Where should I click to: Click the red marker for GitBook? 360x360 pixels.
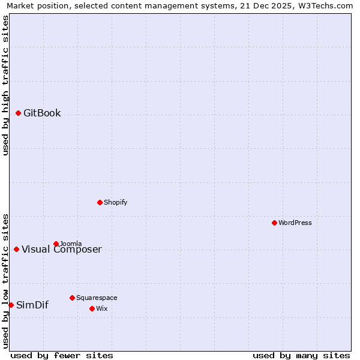(x=18, y=113)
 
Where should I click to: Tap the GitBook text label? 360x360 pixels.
(x=42, y=113)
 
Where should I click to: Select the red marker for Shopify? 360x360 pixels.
(x=100, y=202)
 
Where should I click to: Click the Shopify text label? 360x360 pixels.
(x=115, y=202)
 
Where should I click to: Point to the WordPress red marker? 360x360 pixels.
(x=274, y=223)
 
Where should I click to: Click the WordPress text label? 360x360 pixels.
(x=295, y=223)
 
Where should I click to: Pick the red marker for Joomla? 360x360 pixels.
(x=56, y=244)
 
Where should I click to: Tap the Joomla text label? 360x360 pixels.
(x=71, y=244)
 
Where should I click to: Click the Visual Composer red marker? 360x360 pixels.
(x=16, y=249)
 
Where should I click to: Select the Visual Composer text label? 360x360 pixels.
(x=62, y=250)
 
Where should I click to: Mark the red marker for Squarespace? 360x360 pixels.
(x=72, y=298)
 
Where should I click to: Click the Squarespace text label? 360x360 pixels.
(x=97, y=298)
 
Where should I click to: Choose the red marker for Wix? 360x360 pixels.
(x=92, y=308)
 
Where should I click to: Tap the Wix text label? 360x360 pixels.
(x=101, y=308)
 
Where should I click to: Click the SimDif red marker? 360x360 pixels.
(x=11, y=305)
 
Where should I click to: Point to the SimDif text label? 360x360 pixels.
(x=32, y=305)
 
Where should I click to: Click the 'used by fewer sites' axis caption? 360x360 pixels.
(x=62, y=355)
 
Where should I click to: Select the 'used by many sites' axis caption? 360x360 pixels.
(x=301, y=355)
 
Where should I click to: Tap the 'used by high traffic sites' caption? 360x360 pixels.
(x=5, y=85)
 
